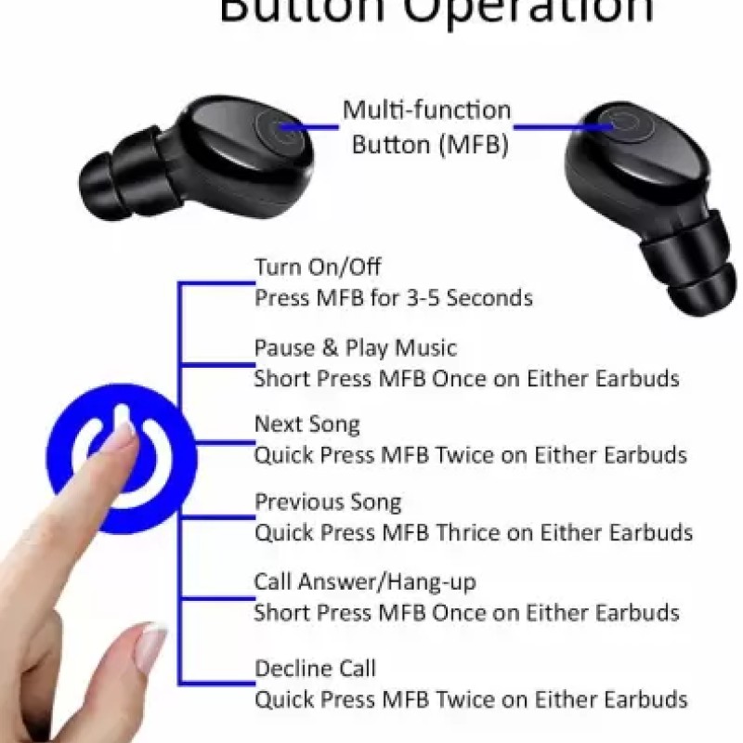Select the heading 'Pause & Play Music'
[356, 348]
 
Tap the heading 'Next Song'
[306, 424]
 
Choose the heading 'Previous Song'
[328, 502]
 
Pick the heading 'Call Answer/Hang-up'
[365, 582]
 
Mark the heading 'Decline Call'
[315, 668]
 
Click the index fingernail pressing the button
[120, 436]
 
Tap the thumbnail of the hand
[150, 645]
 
